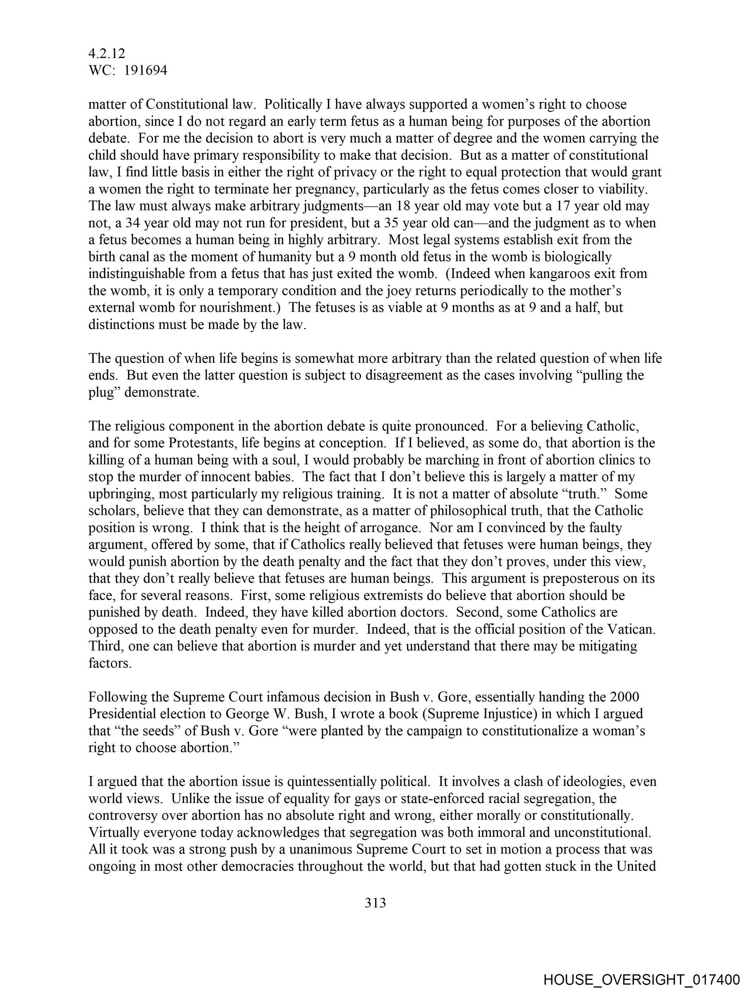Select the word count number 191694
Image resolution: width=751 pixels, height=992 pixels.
(145, 70)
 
